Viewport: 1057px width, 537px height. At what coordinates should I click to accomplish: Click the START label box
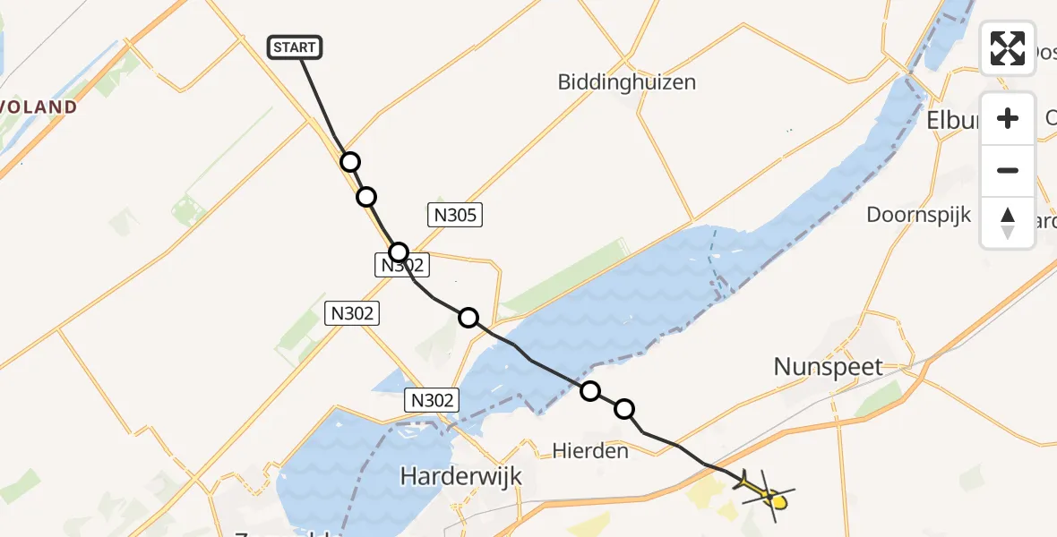click(295, 47)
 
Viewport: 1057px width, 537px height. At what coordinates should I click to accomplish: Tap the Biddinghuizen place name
click(626, 82)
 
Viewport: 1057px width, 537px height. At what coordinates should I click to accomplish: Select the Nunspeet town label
click(829, 366)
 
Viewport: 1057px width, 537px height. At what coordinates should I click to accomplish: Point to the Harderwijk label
click(460, 476)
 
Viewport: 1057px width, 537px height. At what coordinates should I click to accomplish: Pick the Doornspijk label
click(918, 215)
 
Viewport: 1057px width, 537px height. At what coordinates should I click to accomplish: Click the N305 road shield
click(456, 215)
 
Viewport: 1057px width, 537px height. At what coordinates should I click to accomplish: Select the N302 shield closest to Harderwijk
click(432, 400)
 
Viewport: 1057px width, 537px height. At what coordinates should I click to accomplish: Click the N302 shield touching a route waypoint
click(402, 265)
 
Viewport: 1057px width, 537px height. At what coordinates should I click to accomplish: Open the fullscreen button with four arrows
click(1008, 48)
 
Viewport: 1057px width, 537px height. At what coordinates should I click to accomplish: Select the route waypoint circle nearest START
click(350, 162)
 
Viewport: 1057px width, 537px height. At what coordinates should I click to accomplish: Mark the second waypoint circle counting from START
click(365, 197)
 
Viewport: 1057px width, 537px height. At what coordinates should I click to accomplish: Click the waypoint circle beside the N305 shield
click(399, 252)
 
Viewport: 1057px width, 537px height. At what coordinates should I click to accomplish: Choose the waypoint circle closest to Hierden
click(624, 409)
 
